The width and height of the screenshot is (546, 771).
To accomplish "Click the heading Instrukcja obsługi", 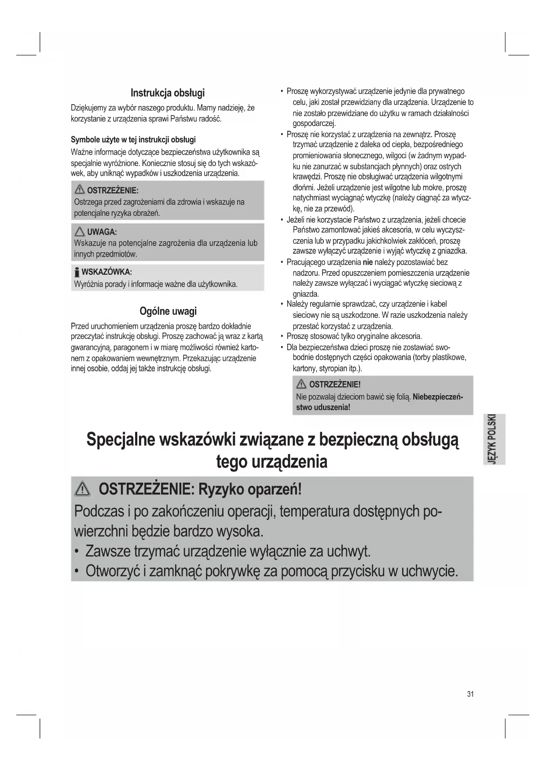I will point(167,93).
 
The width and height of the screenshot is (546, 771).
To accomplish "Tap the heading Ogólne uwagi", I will point(168,311).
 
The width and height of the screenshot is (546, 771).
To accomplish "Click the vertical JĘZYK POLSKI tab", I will point(494,439).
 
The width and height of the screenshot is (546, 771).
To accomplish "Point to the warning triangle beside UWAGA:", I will point(80,232).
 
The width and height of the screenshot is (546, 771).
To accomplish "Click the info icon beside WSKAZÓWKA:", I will point(77,271).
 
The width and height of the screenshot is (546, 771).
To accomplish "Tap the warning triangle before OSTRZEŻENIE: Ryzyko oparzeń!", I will point(82,489).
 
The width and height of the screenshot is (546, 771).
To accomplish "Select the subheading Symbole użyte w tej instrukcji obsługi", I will point(133,140).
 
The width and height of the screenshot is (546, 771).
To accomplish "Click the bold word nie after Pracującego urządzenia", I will point(367,262).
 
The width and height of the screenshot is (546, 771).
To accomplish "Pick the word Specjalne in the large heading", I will point(120,440).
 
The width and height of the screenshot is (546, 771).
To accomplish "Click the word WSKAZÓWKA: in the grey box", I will point(107,272).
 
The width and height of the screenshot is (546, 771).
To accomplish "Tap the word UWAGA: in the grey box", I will point(102,232).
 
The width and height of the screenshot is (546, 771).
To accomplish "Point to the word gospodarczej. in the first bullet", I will point(314,124).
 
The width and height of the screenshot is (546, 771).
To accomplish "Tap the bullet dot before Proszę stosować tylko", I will point(282,336).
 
